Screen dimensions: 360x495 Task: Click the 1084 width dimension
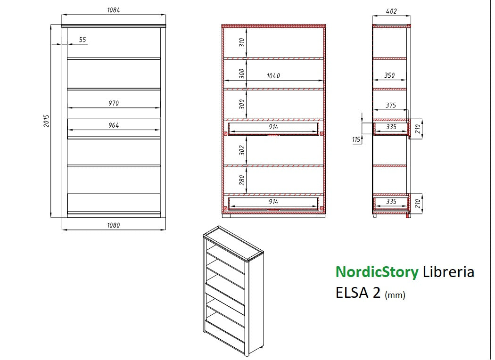click(x=113, y=10)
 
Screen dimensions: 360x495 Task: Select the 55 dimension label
click(x=82, y=40)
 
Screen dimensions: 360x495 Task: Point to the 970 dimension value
click(x=113, y=103)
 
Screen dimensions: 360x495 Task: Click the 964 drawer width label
click(x=113, y=125)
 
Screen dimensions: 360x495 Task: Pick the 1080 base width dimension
click(x=113, y=225)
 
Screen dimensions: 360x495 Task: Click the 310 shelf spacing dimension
click(x=242, y=43)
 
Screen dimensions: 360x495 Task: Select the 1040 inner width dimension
click(x=273, y=76)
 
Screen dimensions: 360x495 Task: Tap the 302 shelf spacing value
click(x=242, y=150)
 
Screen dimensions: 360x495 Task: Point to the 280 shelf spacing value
click(x=242, y=180)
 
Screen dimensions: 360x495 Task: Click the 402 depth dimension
click(x=391, y=11)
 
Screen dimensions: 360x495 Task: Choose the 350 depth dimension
click(x=389, y=75)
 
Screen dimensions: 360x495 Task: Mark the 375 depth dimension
click(x=391, y=106)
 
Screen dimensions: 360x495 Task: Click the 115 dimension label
click(x=356, y=139)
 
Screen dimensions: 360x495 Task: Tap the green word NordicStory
click(x=377, y=272)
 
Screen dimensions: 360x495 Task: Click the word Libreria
click(x=448, y=272)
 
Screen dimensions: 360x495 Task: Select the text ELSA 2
click(x=358, y=293)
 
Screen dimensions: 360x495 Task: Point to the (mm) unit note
click(x=395, y=295)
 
